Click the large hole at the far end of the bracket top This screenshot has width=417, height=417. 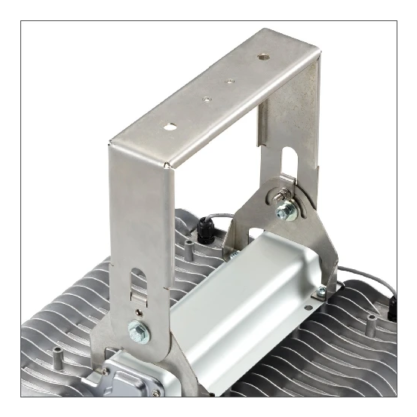262,56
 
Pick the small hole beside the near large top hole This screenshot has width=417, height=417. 204,97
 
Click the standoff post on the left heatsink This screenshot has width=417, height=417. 57,354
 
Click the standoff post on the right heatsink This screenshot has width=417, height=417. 370,322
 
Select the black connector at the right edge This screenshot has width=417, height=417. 392,305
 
